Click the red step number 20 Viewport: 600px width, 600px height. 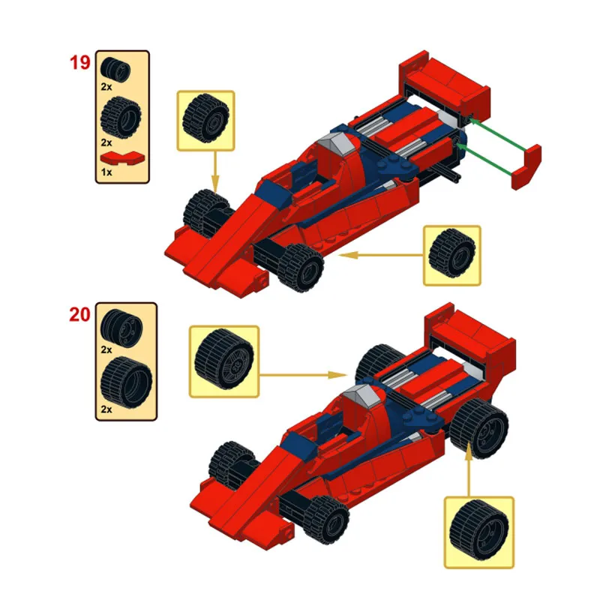pyautogui.click(x=79, y=314)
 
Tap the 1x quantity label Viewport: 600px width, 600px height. pyautogui.click(x=106, y=172)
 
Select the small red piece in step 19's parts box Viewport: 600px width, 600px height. pyautogui.click(x=121, y=157)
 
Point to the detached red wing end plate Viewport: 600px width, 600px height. pyautogui.click(x=526, y=166)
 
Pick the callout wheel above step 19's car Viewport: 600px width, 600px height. pyautogui.click(x=205, y=118)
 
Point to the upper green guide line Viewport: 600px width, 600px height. pyautogui.click(x=495, y=134)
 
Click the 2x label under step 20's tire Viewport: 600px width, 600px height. pyautogui.click(x=106, y=409)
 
